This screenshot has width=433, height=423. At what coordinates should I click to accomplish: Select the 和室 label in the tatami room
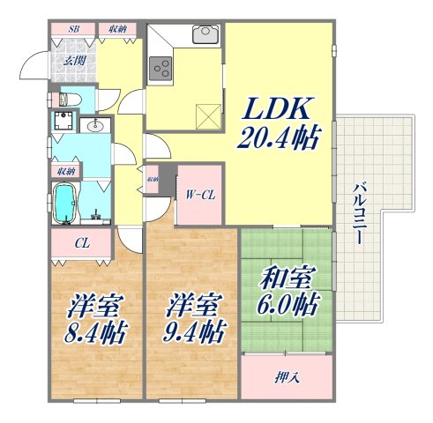(285, 283)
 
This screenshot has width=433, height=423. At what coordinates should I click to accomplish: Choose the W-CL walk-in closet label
(199, 195)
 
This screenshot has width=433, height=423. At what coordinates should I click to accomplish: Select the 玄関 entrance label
(73, 61)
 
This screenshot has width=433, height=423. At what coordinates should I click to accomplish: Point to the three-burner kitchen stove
(161, 66)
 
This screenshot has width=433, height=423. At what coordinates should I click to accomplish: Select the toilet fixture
(70, 99)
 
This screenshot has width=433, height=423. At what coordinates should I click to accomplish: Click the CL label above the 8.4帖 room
(80, 243)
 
